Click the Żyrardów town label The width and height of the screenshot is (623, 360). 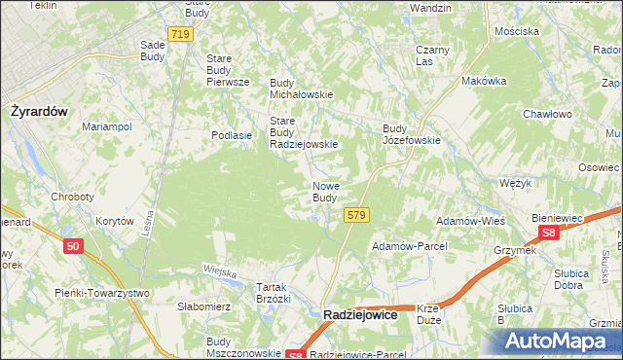[x=39, y=111]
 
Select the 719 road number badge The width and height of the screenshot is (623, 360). [x=179, y=35]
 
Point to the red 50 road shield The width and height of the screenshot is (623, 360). [x=73, y=248]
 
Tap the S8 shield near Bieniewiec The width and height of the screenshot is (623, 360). [x=549, y=234]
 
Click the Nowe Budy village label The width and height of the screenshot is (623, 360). [x=325, y=192]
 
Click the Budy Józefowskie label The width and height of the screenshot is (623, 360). [x=412, y=134]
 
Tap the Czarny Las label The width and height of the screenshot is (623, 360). [x=431, y=55]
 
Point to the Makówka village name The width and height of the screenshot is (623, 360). [x=485, y=82]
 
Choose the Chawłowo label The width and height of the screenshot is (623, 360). [x=546, y=114]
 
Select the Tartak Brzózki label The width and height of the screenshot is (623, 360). [x=273, y=293]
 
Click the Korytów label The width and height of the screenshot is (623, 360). [x=114, y=222]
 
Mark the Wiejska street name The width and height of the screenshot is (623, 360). [x=220, y=270]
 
